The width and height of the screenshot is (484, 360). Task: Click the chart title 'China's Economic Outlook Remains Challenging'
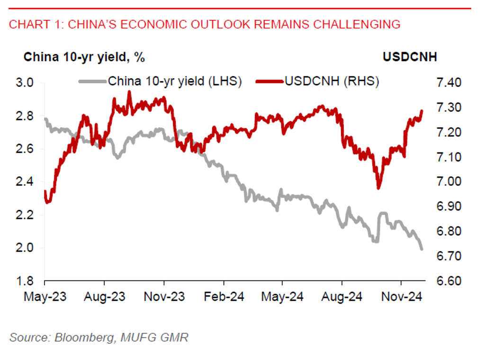tap(205, 24)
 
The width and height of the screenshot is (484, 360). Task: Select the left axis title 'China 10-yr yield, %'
tap(84, 57)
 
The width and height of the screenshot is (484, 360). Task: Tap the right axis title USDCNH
tap(410, 57)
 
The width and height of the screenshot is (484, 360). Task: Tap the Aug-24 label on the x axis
tap(341, 297)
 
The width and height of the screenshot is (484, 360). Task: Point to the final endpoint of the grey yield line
tap(421, 249)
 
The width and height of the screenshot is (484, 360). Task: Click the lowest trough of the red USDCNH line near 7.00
tap(378, 188)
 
